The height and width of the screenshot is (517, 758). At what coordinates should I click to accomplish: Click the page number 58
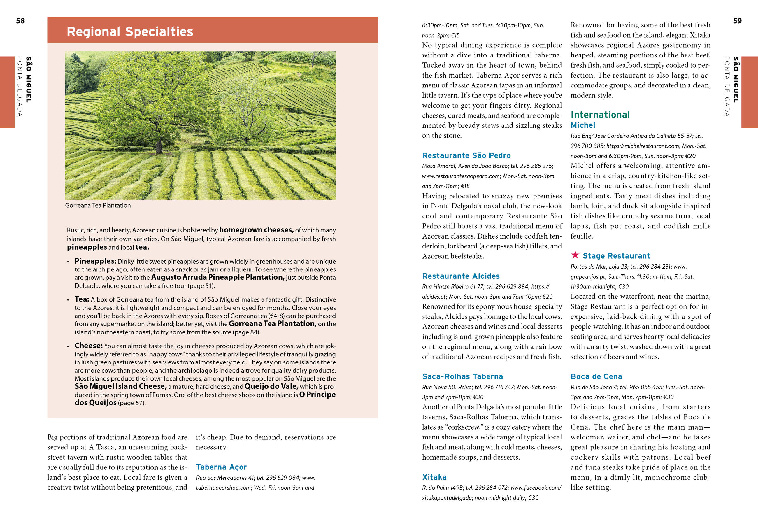(x=20, y=21)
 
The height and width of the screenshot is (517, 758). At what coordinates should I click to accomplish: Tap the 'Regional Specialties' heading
(x=130, y=32)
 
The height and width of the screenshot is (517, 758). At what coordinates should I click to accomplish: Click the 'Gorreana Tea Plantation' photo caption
(x=98, y=206)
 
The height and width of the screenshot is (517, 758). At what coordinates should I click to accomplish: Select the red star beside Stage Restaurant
(x=575, y=255)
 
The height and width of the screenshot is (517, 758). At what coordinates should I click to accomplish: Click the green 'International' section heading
(x=600, y=115)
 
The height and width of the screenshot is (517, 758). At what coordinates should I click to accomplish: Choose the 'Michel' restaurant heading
(x=583, y=125)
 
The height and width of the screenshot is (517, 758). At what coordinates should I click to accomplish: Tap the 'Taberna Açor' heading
(x=221, y=467)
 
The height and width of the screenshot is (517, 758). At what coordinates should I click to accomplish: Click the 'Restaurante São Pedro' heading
(x=466, y=156)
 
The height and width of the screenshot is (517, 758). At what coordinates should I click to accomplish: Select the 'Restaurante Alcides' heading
(x=461, y=276)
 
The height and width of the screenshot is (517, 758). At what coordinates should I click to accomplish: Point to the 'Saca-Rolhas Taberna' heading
(x=462, y=377)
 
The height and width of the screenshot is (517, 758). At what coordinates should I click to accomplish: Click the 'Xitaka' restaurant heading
(x=434, y=477)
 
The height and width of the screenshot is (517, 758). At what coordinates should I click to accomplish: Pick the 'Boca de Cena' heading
(x=596, y=377)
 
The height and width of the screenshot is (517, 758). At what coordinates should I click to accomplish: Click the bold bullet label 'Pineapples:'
(x=95, y=261)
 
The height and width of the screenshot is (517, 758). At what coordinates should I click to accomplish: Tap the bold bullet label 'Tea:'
(x=82, y=299)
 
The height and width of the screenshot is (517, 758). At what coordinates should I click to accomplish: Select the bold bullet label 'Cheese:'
(x=88, y=346)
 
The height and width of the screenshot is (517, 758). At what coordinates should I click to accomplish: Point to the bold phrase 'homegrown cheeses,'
(x=256, y=230)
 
